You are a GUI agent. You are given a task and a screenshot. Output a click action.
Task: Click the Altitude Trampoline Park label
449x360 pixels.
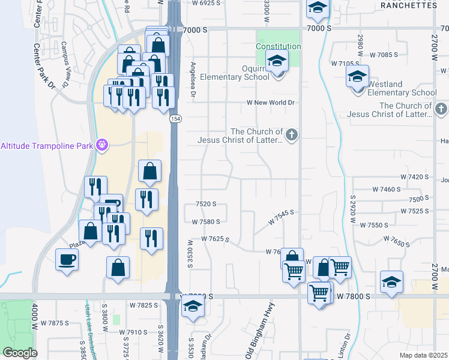[x=47, y=145]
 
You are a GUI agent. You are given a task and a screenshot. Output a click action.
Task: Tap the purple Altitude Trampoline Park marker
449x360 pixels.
[x=103, y=145]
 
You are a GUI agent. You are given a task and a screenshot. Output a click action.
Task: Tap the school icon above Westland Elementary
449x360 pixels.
[x=357, y=77]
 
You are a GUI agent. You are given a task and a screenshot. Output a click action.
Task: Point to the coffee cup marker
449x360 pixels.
[x=67, y=260]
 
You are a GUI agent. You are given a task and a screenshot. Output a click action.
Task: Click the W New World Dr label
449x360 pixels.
[x=271, y=103]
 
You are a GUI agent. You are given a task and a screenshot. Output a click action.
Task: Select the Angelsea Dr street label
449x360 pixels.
[x=193, y=79]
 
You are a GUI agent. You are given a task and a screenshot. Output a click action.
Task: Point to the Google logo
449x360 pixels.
[x=20, y=352]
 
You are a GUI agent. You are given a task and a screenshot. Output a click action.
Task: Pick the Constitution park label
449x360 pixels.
[x=278, y=46]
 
